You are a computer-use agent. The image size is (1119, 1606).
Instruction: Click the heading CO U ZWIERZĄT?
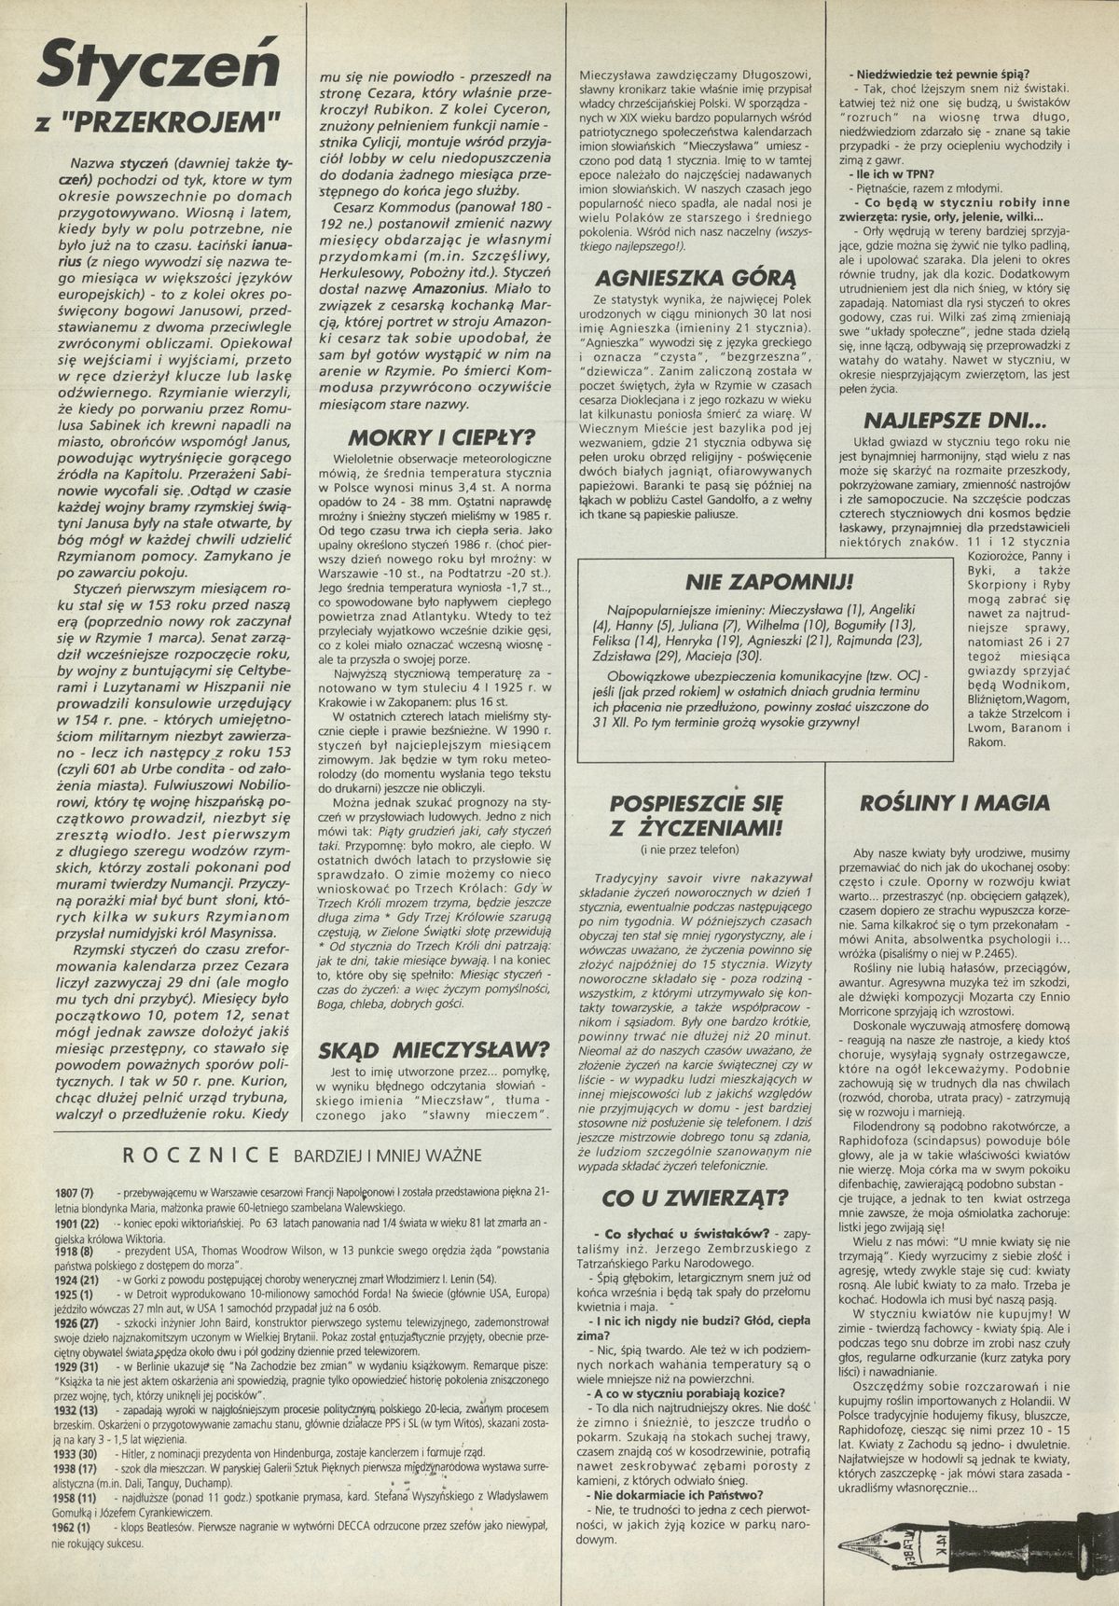697,1197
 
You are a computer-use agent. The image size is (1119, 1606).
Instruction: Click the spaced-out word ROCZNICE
201,1155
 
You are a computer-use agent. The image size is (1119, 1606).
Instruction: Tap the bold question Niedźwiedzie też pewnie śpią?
937,75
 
